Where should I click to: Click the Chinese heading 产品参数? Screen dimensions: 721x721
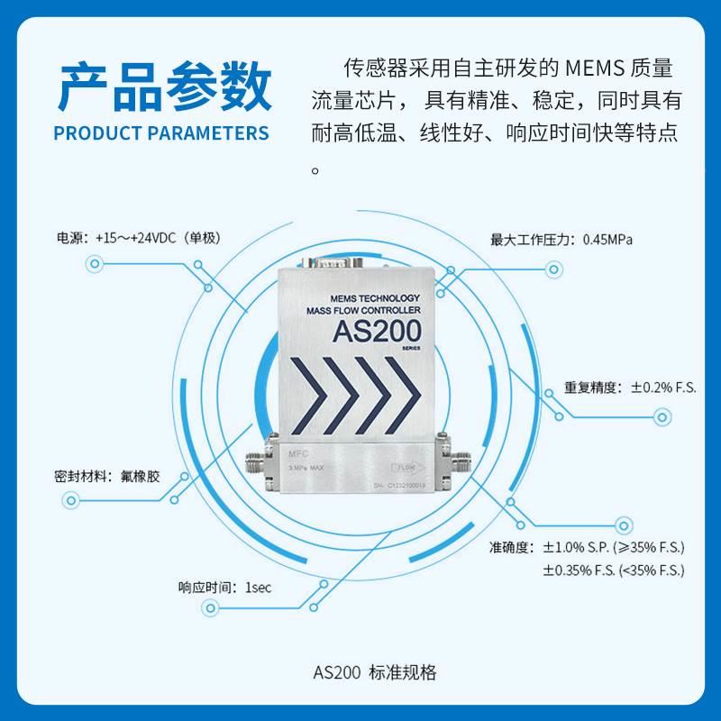(x=163, y=88)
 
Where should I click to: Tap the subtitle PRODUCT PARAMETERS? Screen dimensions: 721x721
(x=161, y=133)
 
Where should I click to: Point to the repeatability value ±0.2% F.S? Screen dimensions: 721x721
(x=663, y=388)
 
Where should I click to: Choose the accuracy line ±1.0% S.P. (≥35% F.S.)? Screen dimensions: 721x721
(x=614, y=547)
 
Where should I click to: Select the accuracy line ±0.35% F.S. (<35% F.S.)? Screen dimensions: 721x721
(x=614, y=570)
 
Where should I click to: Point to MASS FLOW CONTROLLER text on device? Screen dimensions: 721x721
(x=364, y=311)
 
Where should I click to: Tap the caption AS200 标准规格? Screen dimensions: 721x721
(x=374, y=672)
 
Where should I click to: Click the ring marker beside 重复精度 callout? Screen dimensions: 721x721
(x=662, y=416)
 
